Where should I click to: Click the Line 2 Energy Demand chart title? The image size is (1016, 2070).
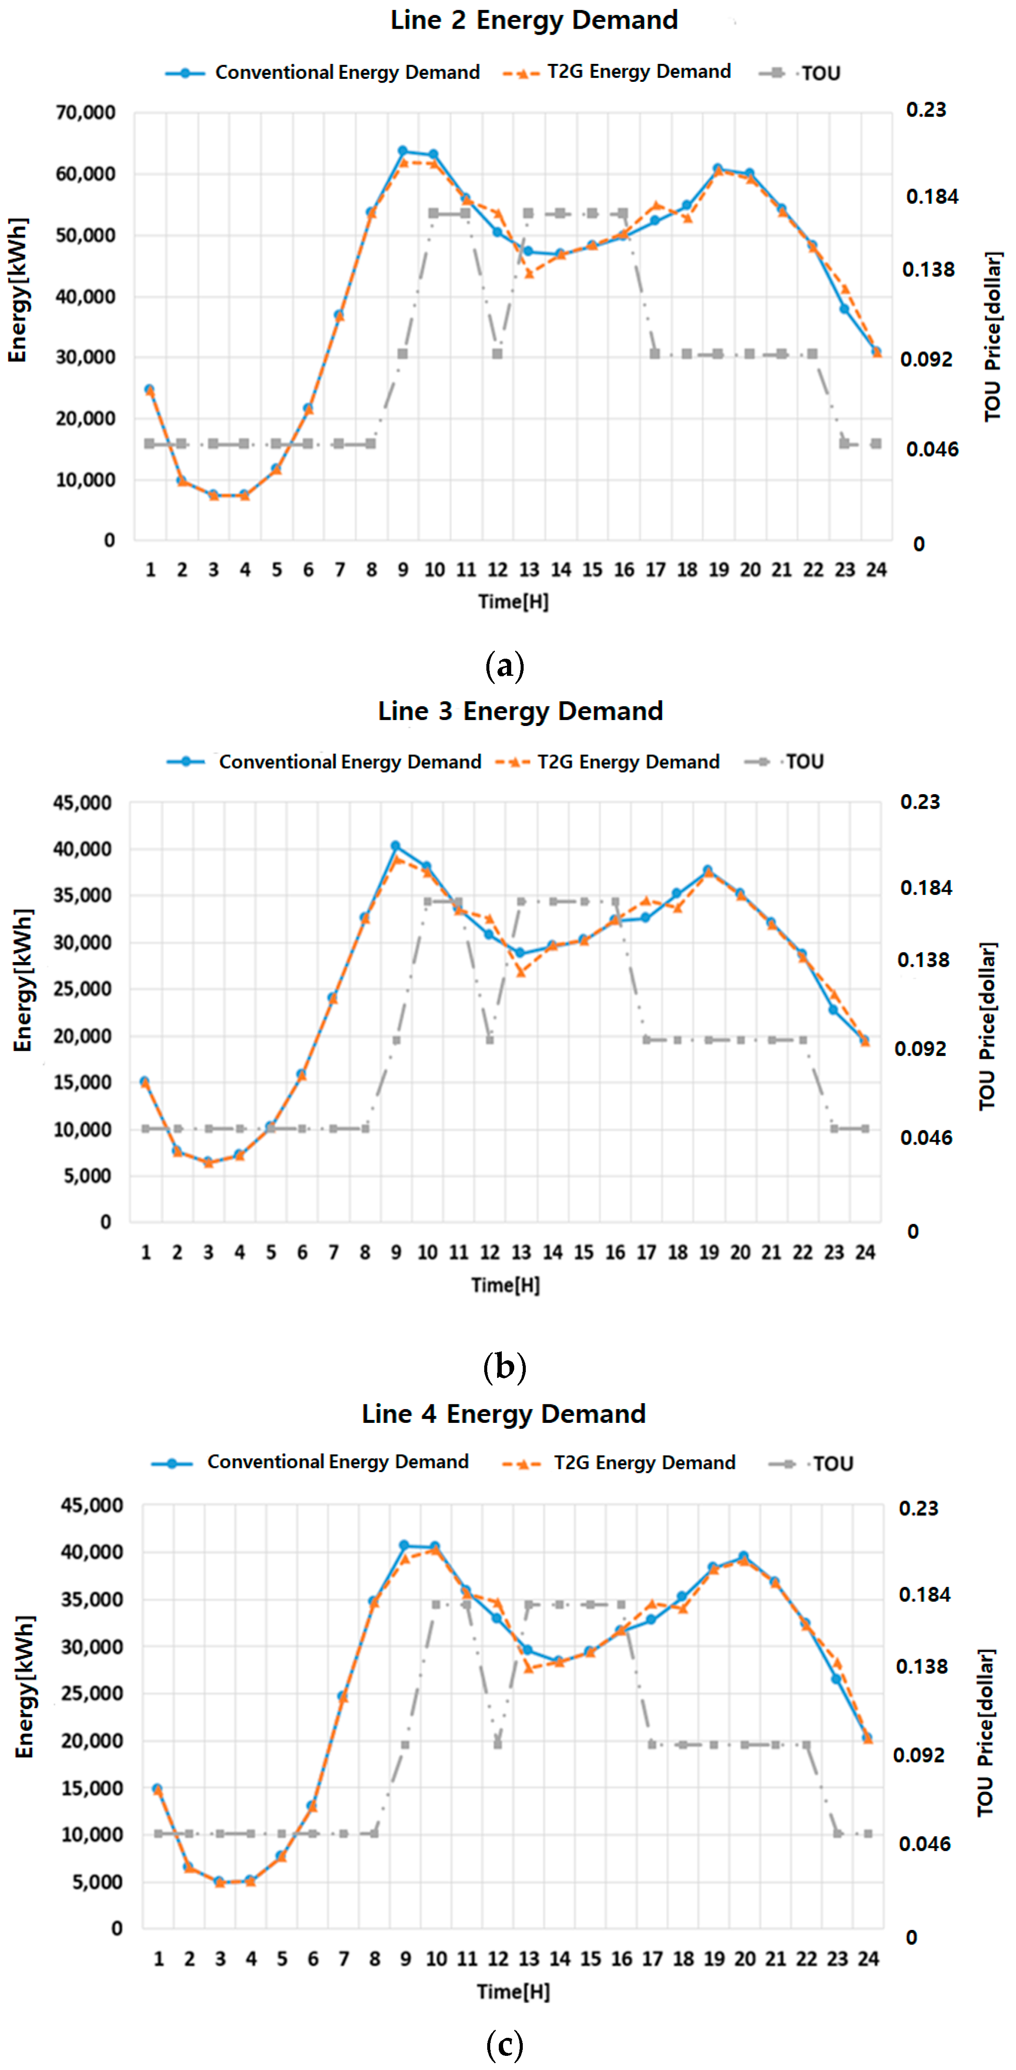click(534, 20)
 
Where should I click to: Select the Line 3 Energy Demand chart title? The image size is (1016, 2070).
click(521, 711)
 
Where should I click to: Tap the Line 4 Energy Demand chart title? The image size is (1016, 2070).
click(504, 1413)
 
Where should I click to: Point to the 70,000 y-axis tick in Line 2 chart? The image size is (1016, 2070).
click(85, 112)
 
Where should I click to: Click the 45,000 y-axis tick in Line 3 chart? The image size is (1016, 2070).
click(82, 803)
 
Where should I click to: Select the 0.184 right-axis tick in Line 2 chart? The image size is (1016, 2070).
click(932, 197)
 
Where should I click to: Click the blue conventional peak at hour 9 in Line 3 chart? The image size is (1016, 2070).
click(395, 846)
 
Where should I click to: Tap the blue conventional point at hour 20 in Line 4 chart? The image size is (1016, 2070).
click(744, 1557)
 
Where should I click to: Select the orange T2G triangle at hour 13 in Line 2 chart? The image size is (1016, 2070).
click(528, 274)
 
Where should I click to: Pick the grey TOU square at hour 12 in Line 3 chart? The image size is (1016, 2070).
click(490, 1040)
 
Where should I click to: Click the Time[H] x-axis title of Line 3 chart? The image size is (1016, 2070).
click(505, 1285)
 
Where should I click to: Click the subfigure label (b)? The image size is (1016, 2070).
click(504, 1366)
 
